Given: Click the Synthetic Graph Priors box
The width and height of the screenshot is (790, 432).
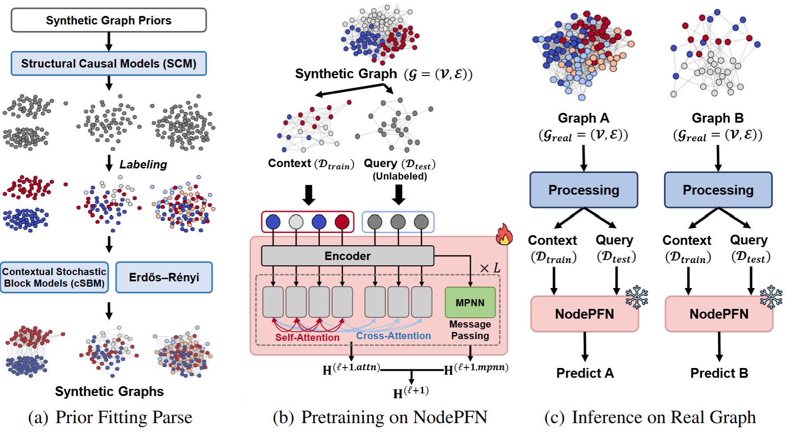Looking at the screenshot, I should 108,20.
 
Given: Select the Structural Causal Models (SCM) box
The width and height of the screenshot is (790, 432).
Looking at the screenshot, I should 108,64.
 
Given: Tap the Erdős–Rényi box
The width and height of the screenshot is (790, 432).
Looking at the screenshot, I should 164,277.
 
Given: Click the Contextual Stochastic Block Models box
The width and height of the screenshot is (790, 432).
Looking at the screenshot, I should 54,277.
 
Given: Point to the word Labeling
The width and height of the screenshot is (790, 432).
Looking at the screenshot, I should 143,164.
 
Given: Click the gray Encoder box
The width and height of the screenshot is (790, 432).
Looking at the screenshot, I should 347,256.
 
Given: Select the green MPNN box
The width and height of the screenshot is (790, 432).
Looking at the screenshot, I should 470,303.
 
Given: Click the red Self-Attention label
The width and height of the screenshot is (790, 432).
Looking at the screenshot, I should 307,337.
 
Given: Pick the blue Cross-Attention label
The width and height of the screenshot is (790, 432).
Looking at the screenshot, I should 393,336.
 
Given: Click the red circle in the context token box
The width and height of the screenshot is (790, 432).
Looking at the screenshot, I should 342,222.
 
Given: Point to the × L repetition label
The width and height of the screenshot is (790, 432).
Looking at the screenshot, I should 490,268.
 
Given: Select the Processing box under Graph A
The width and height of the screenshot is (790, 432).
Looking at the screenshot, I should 583,190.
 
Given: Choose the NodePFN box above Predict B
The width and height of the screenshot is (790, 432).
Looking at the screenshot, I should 718,314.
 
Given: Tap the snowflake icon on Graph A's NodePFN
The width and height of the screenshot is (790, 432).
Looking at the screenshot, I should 637,297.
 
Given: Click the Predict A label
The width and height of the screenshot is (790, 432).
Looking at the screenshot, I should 585,373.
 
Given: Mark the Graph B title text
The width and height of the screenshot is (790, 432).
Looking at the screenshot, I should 718,118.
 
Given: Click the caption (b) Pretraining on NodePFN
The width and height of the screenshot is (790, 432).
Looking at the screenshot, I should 380,417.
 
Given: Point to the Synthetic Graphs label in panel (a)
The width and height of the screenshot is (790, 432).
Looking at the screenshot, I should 109,392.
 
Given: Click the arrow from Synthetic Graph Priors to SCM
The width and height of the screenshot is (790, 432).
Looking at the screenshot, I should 109,41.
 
